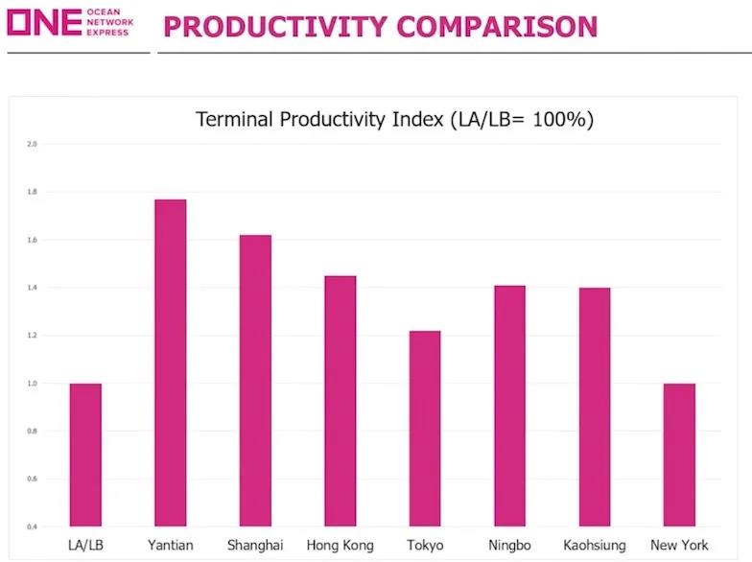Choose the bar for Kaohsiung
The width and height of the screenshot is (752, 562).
tap(594, 407)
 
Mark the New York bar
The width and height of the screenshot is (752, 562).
tap(679, 455)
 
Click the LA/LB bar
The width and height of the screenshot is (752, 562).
tap(85, 455)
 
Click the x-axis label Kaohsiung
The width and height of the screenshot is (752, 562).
tap(595, 546)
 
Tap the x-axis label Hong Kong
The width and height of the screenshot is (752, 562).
tap(340, 546)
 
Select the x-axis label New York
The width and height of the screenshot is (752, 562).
tap(679, 546)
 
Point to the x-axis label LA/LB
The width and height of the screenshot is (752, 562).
tap(85, 546)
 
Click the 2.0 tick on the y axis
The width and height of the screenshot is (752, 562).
tap(32, 144)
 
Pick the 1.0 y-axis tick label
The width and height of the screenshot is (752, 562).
tap(32, 384)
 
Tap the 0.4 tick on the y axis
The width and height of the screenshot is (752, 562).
tap(32, 527)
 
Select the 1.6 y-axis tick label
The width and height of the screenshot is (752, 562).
tap(32, 240)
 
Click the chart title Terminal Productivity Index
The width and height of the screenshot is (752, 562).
tap(395, 120)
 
